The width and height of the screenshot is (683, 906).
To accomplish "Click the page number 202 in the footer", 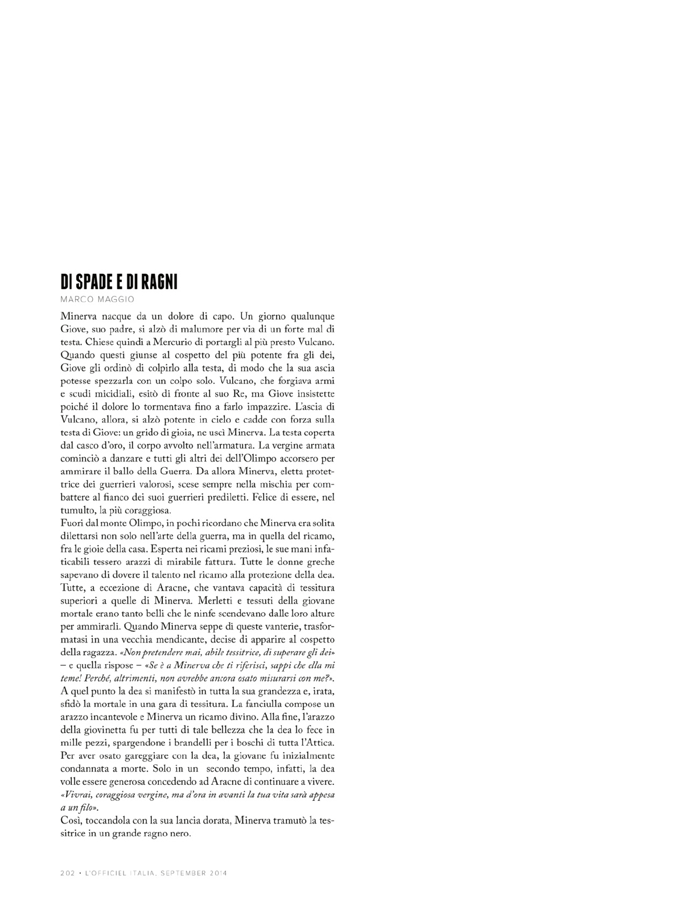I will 68,874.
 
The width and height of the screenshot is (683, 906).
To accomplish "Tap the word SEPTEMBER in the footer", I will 183,874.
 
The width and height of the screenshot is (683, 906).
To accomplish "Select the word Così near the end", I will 70,821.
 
